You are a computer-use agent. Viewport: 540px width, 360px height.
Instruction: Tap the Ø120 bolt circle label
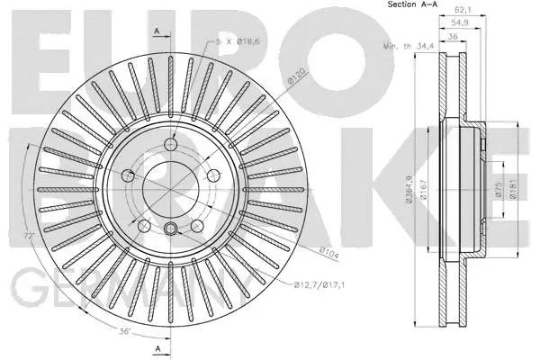(x=296, y=80)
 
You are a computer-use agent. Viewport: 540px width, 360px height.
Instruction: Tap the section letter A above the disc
(x=157, y=31)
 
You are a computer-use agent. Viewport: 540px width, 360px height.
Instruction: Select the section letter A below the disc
(x=157, y=347)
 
